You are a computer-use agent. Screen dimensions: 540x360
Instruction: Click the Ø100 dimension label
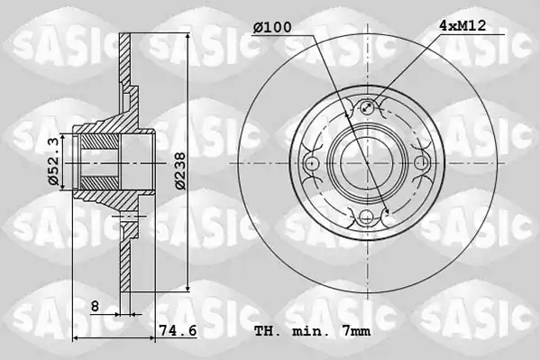272,27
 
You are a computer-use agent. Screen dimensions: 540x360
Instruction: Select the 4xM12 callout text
462,25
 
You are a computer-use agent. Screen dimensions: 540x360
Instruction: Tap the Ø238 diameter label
179,171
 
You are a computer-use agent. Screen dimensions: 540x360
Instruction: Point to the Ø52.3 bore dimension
53,162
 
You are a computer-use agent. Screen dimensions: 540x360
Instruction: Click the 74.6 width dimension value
178,330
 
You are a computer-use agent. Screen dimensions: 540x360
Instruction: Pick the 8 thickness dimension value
95,306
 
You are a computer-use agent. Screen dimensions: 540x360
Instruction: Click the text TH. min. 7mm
313,331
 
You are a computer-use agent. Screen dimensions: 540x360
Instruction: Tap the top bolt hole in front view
367,106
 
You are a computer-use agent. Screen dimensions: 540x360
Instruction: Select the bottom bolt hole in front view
366,217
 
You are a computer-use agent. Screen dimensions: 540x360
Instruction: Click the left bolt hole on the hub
312,162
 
